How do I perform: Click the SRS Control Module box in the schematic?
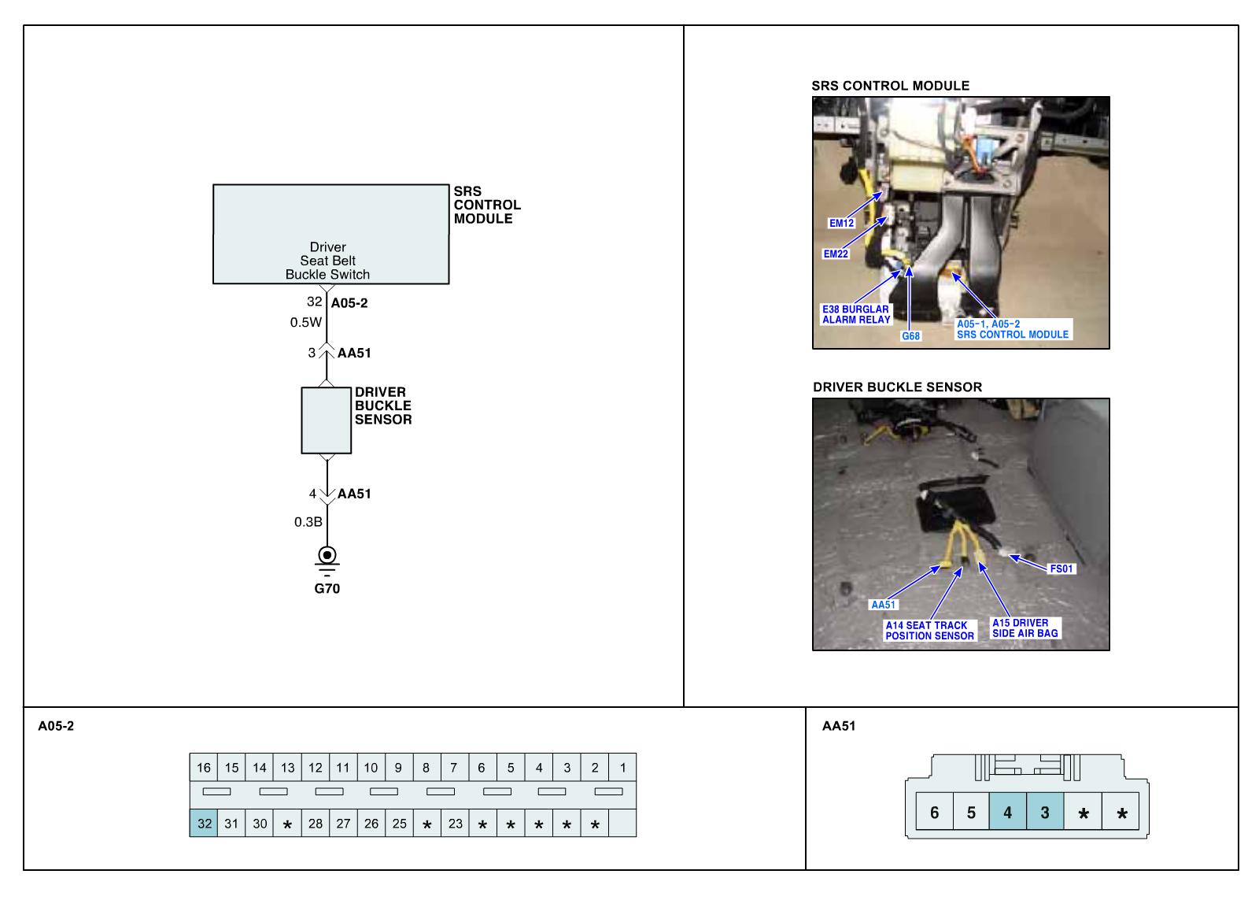[330, 234]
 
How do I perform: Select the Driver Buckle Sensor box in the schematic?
[327, 420]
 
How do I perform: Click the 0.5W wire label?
[306, 322]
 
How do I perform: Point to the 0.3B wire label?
[308, 522]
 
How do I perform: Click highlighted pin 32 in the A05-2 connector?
[204, 824]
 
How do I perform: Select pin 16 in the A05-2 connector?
[204, 768]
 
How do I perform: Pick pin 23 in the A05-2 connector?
[456, 824]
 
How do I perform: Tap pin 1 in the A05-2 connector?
[622, 768]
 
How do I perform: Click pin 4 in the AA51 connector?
[1008, 813]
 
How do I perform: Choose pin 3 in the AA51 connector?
[1045, 813]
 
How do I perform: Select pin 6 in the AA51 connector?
[934, 813]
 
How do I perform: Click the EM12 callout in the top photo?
[841, 223]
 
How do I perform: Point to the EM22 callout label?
[836, 254]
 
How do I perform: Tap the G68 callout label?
[910, 336]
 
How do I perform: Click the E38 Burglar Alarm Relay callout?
[856, 314]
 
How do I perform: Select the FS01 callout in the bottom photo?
[1061, 569]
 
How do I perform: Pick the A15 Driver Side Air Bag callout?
[1025, 628]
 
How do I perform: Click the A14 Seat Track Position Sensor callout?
[929, 631]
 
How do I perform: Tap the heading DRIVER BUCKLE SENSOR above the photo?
[897, 387]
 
